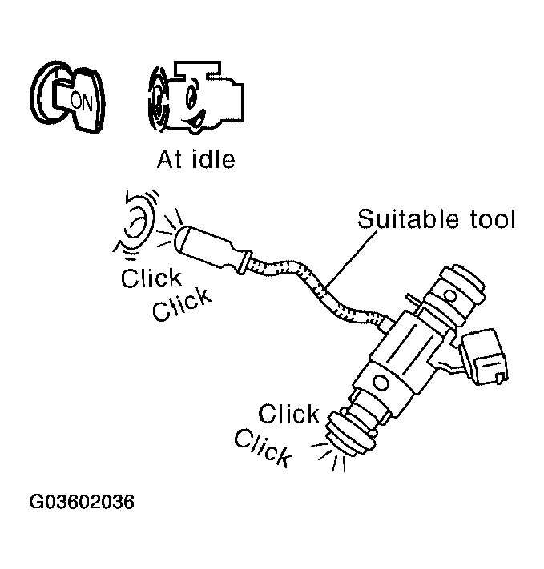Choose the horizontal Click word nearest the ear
pos(151,278)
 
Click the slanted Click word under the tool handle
pos(183,303)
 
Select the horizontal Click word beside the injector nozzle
pos(289,415)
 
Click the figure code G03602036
pos(82,503)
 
